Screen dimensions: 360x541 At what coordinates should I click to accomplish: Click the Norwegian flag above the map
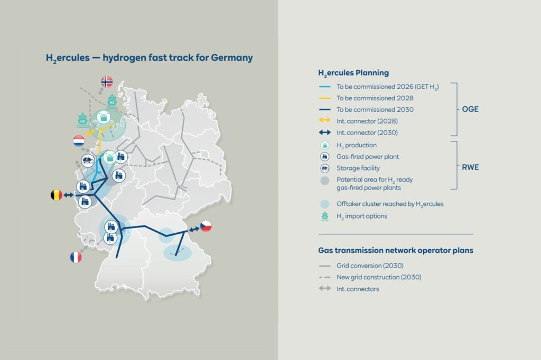coord(107,81)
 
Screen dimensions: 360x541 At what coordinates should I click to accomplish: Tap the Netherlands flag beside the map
coord(78,141)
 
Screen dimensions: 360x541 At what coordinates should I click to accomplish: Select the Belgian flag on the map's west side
coord(55,196)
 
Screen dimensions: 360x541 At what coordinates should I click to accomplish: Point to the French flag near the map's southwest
coord(77,257)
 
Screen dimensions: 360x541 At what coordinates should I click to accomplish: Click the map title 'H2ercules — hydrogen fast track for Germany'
coord(150,58)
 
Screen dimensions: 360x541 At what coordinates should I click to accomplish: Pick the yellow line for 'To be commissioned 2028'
coord(326,98)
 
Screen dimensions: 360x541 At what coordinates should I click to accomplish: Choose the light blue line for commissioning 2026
coord(326,87)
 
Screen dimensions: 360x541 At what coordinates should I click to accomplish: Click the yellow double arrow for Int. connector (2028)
coord(326,121)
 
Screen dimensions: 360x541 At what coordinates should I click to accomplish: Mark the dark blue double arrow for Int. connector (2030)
coord(326,133)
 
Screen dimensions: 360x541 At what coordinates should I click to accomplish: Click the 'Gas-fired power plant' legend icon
coord(327,157)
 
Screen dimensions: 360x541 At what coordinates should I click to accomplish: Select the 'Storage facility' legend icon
coord(327,168)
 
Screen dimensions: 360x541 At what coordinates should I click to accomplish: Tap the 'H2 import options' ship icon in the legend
coord(327,215)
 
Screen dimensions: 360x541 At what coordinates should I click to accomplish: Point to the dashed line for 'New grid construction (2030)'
coord(326,277)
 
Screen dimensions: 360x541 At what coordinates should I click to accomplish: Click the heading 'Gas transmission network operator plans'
coord(396,251)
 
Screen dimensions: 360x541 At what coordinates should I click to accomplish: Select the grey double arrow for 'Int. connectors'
coord(326,289)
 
